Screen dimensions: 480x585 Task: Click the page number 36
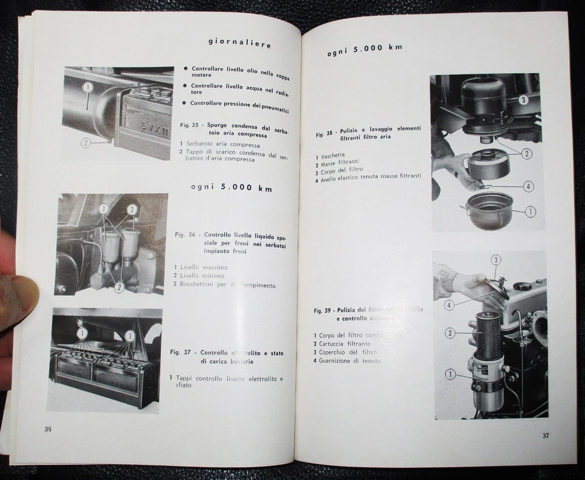[x=48, y=428]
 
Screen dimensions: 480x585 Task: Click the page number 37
[x=546, y=435]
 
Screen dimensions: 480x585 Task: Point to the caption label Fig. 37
[x=182, y=352]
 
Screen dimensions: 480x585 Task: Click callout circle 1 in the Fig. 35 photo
[x=88, y=87]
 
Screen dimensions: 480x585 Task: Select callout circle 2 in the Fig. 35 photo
[x=86, y=143]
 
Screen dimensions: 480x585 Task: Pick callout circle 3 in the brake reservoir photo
[x=132, y=209]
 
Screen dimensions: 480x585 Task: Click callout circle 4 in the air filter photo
[x=528, y=186]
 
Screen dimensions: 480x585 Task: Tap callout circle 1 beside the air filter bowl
[x=530, y=211]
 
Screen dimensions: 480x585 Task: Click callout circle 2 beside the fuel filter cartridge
[x=450, y=333]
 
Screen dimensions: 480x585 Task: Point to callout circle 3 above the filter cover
[x=496, y=260]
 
